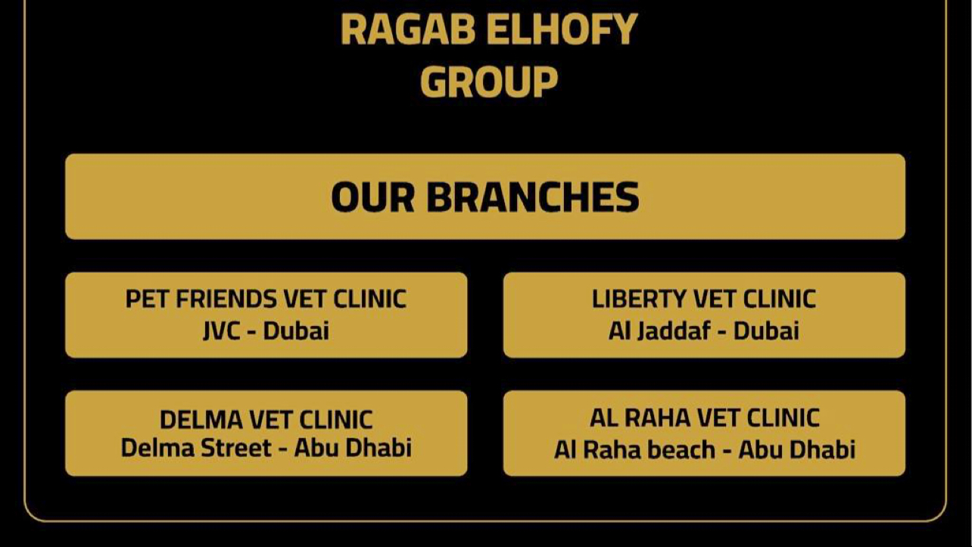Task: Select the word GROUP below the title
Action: [488, 82]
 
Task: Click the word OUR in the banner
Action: [372, 197]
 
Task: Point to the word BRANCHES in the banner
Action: [532, 197]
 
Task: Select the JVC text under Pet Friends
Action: [221, 331]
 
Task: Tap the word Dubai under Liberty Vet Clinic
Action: [766, 331]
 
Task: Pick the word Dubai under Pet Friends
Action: [296, 331]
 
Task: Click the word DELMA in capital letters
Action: [201, 419]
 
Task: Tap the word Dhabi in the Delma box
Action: [379, 448]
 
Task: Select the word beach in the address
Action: [678, 449]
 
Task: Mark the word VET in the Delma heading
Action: [271, 419]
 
